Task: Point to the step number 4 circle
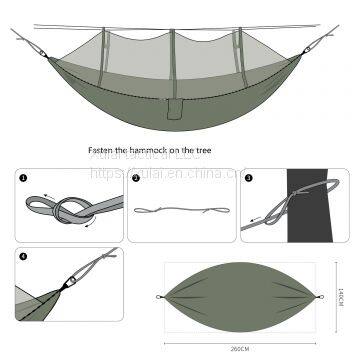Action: [23, 256]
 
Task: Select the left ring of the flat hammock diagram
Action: [163, 298]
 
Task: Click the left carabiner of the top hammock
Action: [41, 47]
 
